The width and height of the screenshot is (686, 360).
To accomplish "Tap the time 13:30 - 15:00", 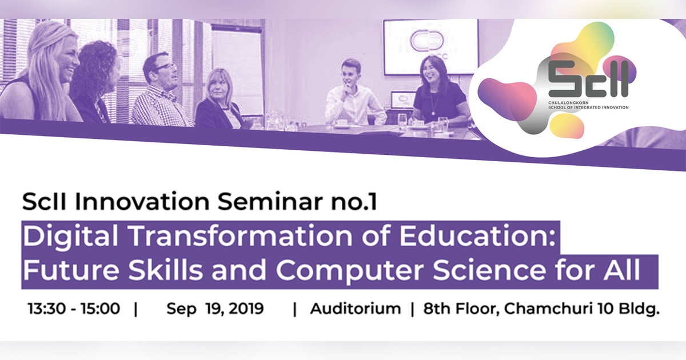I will tap(74, 310).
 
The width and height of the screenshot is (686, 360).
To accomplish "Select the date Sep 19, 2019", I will tap(215, 310).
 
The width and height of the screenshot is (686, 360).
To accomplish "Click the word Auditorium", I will tap(356, 310).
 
